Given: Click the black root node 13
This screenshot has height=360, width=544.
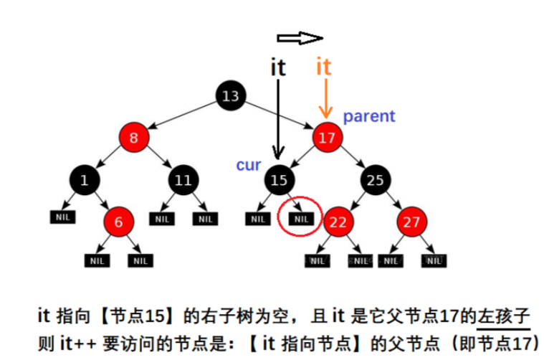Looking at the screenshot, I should (230, 98).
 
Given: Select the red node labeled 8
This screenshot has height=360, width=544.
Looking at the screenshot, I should (135, 138).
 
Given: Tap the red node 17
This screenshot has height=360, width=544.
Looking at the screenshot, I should (327, 138).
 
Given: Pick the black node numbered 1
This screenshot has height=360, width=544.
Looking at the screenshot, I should (85, 180).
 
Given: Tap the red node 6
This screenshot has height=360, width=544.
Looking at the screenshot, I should (119, 222).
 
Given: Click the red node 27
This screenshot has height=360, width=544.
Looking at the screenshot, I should (411, 222).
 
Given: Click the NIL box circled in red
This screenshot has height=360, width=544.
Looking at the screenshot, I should (301, 218).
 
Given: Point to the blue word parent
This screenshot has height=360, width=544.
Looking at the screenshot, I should (369, 116).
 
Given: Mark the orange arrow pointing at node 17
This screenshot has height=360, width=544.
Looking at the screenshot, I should (326, 99).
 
